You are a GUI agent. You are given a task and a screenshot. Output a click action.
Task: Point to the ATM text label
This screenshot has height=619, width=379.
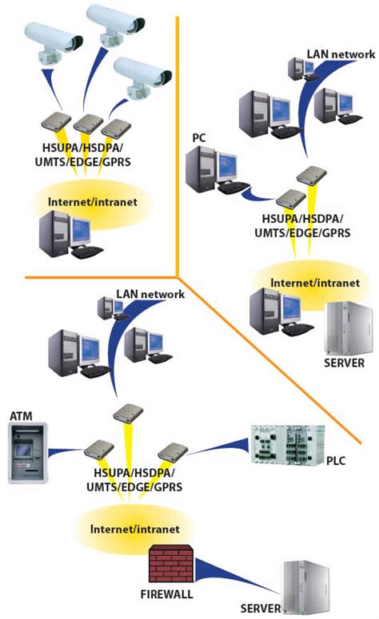pyautogui.click(x=21, y=416)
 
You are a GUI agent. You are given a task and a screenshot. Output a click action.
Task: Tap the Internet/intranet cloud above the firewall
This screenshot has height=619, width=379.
pyautogui.click(x=134, y=529)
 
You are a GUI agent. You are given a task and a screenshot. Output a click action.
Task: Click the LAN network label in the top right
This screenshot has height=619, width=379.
pyautogui.click(x=341, y=54)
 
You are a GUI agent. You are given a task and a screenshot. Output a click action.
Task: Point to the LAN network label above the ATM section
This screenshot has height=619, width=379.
pyautogui.click(x=150, y=294)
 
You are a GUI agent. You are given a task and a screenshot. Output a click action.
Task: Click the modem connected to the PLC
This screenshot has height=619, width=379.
pyautogui.click(x=171, y=451)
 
